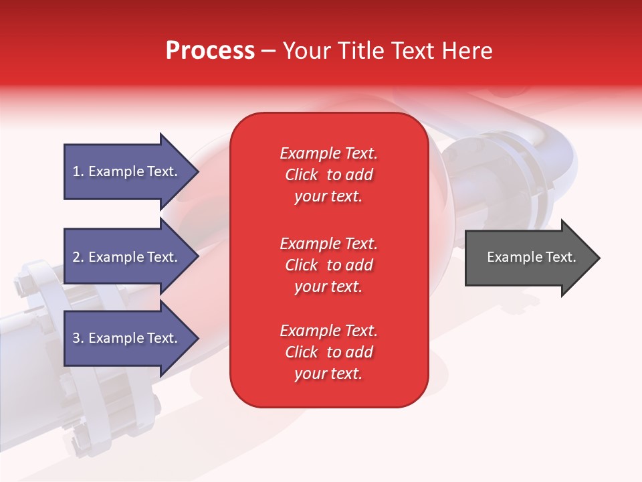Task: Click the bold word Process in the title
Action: (x=210, y=50)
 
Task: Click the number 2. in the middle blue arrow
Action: (x=78, y=257)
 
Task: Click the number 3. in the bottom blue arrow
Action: (x=78, y=338)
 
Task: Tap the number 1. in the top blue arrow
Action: (x=78, y=171)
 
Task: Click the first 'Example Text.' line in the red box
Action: (x=328, y=153)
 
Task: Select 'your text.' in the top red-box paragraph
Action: (x=328, y=196)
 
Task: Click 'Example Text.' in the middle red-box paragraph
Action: (x=328, y=243)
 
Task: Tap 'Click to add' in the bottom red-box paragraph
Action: (x=328, y=352)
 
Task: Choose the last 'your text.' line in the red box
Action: (x=328, y=374)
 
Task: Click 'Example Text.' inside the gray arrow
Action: (x=531, y=257)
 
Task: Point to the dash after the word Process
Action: (x=268, y=51)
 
